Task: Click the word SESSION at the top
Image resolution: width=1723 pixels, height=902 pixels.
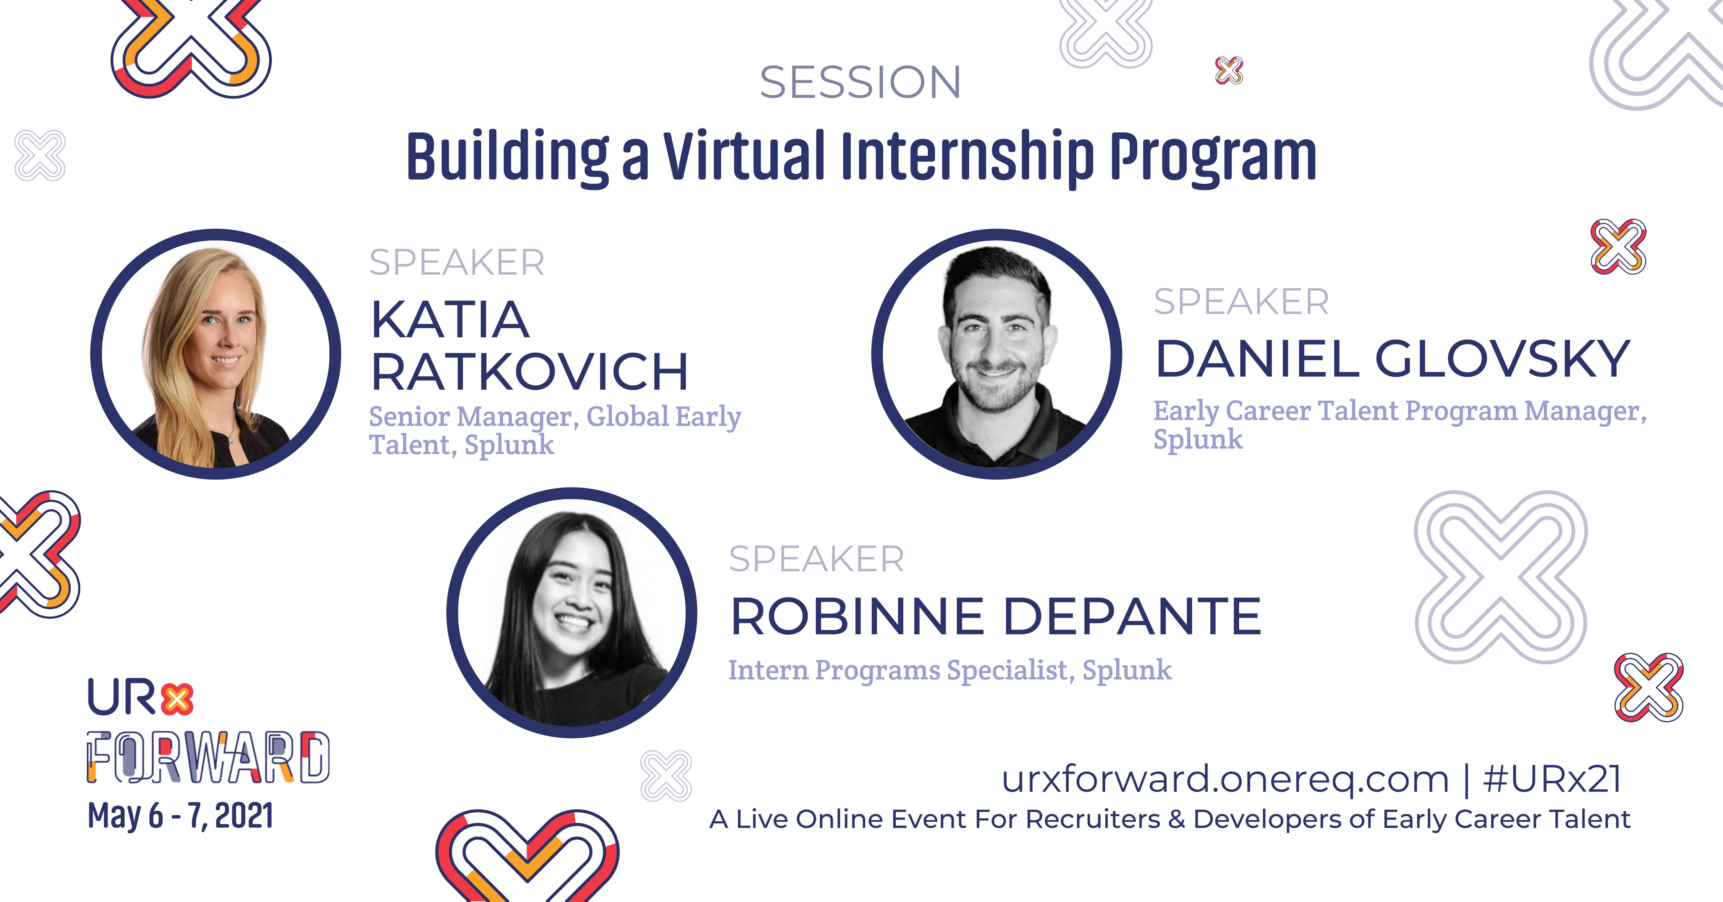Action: (860, 82)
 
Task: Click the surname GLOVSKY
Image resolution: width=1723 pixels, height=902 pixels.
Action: (1502, 359)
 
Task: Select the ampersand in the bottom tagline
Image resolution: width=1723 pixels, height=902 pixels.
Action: (1177, 819)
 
